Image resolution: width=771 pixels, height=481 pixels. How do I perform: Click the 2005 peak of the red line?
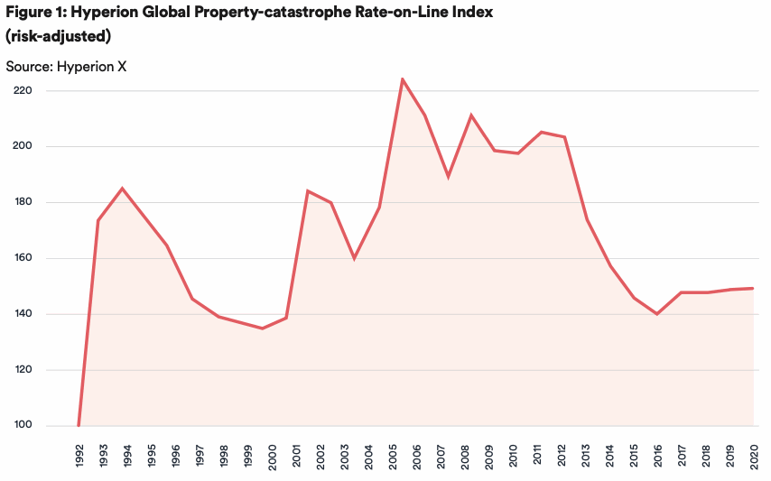point(403,79)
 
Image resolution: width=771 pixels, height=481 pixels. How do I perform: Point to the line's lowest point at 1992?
point(79,425)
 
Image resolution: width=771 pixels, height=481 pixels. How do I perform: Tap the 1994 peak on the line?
point(123,189)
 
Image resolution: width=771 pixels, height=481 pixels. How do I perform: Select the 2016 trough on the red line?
point(657,314)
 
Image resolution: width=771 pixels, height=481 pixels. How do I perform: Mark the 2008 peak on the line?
point(471,115)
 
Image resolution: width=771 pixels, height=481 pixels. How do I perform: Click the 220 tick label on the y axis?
point(23,90)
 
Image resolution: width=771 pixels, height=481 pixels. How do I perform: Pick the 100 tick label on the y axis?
point(23,426)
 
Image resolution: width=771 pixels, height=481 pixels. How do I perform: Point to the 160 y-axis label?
point(23,258)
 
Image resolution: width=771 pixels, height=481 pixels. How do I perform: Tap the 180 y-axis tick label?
point(23,202)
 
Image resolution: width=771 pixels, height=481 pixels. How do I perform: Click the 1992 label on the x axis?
point(79,457)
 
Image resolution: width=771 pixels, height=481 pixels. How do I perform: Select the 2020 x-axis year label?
point(753,457)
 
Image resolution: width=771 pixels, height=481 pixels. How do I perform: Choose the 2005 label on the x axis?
point(392,457)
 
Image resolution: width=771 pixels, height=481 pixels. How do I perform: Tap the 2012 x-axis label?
point(561,457)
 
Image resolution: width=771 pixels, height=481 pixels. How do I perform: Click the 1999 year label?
point(247,457)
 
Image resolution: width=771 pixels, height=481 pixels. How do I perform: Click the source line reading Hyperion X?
point(66,67)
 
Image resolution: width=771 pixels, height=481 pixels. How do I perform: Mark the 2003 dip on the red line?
point(354,258)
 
